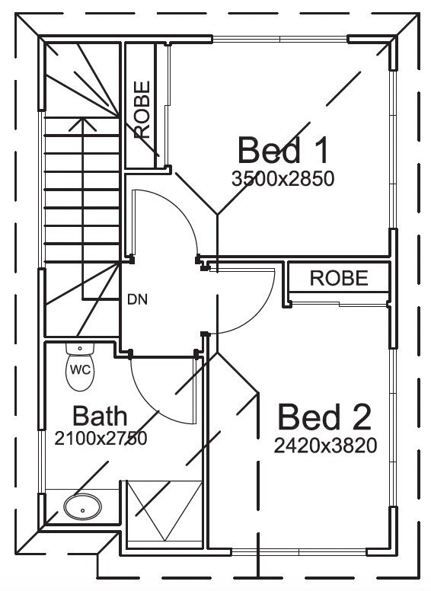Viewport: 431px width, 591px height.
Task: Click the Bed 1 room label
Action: (x=283, y=150)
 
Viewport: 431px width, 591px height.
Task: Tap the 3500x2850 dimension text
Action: (x=283, y=179)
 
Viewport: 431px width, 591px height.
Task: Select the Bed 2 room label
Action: (x=324, y=417)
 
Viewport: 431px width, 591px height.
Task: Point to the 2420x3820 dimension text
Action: (x=325, y=446)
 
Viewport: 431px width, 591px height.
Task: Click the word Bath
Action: (x=100, y=416)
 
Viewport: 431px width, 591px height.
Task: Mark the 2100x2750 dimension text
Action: (x=101, y=439)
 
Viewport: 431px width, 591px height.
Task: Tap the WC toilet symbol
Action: (x=80, y=368)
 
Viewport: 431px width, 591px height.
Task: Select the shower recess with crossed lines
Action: (x=164, y=511)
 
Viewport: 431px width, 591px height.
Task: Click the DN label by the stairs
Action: (x=137, y=299)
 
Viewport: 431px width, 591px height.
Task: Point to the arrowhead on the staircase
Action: (x=82, y=123)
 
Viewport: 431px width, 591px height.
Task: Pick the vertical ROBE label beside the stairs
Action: (x=142, y=110)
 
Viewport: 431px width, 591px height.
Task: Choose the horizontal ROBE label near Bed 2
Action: (x=339, y=278)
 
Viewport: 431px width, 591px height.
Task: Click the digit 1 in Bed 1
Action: (x=320, y=150)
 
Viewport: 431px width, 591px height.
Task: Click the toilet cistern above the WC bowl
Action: (x=80, y=349)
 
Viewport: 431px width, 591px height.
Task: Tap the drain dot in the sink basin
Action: (x=82, y=511)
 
